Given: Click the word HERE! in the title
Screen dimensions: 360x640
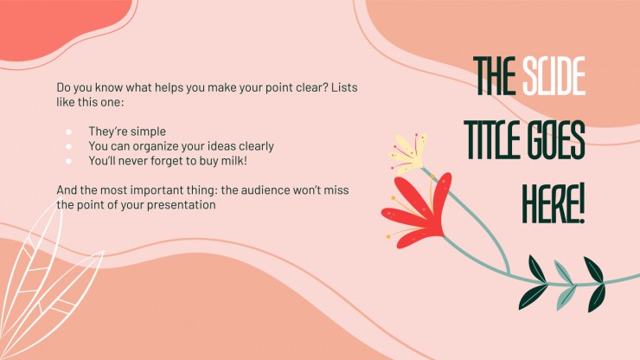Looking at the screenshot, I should click(x=554, y=201).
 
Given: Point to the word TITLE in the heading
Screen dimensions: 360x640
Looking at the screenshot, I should click(x=491, y=140).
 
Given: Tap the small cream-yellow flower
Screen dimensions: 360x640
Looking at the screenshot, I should click(x=408, y=152).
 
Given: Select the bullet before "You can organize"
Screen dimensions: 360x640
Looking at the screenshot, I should click(x=68, y=146).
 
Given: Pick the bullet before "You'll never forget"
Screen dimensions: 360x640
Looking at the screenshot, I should click(x=68, y=160).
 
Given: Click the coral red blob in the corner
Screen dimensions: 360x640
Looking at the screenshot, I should click(x=52, y=26).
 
